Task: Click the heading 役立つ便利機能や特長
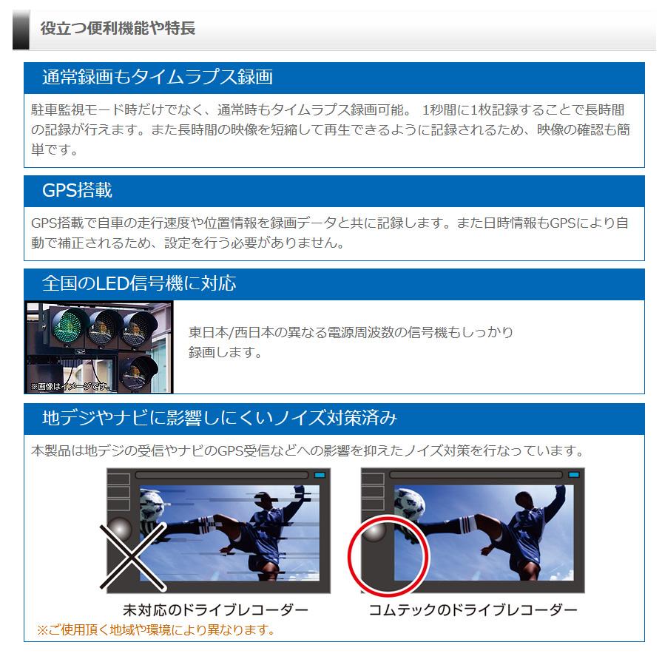118,29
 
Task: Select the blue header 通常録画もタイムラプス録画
157,77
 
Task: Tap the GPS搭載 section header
77,190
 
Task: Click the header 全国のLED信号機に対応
139,283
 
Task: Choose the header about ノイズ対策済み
220,418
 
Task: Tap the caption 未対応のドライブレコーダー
215,610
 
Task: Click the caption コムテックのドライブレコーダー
473,610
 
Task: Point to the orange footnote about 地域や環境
156,630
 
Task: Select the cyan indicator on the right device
573,474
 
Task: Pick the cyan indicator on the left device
320,474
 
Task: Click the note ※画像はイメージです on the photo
70,386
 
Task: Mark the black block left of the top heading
21,30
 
